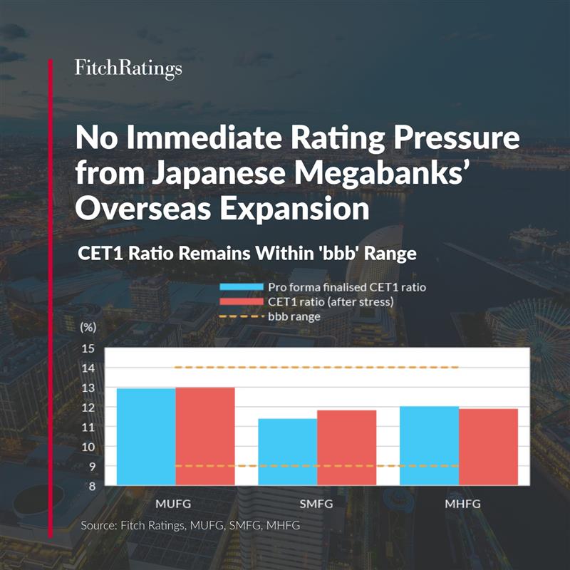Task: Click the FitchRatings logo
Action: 128,68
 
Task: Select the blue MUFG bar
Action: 146,437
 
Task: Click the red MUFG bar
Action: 205,436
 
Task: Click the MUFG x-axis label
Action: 175,503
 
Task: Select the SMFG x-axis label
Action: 317,503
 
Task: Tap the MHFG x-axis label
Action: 459,503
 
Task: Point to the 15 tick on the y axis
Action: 88,348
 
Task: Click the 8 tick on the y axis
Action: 90,486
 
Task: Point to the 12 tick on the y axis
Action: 88,408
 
